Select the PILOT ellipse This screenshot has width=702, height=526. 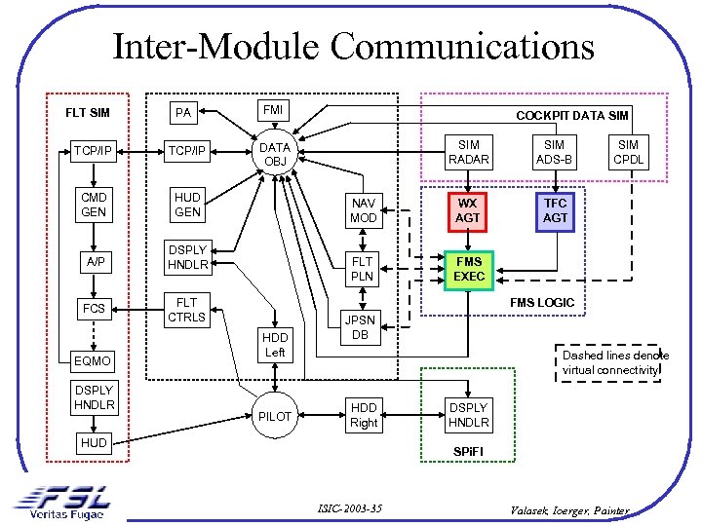tap(275, 416)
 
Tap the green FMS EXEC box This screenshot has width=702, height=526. tap(469, 269)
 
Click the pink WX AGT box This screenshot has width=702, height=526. tap(468, 210)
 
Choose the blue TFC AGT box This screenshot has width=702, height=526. tap(555, 210)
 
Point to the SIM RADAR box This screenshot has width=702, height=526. tap(468, 152)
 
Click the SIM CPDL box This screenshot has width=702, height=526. tap(629, 152)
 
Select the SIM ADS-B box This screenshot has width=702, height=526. tap(554, 152)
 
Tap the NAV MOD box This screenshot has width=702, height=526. tap(363, 210)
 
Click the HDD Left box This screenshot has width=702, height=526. tap(275, 344)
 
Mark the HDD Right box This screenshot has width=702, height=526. tap(363, 415)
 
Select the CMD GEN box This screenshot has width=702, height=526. tap(94, 205)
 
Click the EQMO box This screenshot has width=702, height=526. tap(94, 360)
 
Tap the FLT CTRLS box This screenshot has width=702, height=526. tap(187, 310)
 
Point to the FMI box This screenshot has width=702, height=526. tap(273, 111)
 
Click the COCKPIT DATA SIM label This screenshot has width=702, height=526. tap(572, 115)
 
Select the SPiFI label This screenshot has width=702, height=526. tap(469, 453)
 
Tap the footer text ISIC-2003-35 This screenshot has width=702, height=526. tap(349, 508)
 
